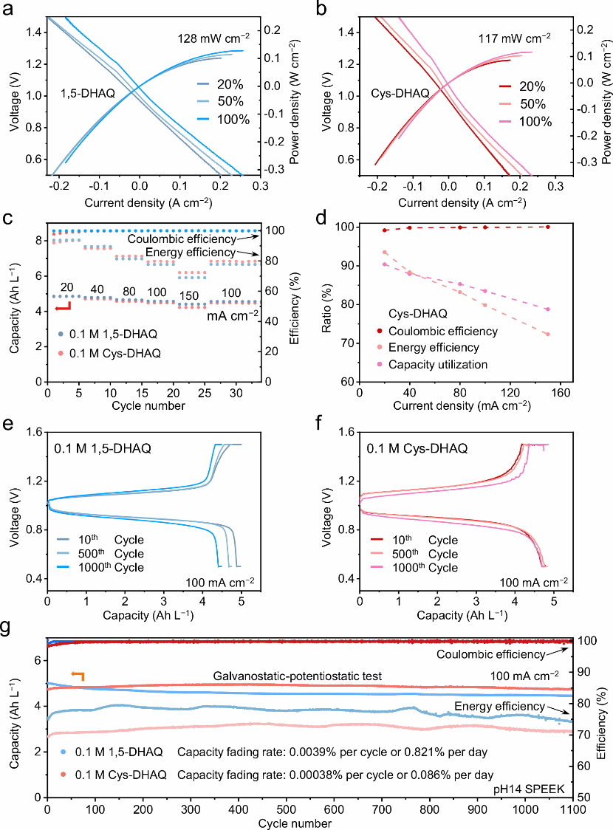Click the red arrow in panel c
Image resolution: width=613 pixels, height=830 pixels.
coord(64,306)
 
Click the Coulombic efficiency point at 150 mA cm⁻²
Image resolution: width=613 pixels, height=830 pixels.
coord(547,227)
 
